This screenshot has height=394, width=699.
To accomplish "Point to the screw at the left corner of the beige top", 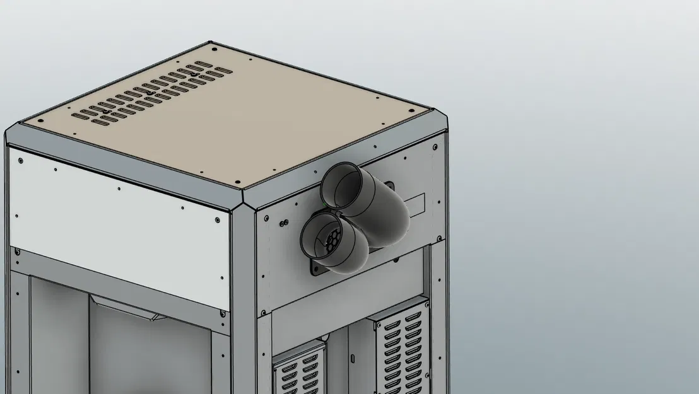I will coord(40,122).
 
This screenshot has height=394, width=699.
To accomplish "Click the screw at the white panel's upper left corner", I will coord(20,161).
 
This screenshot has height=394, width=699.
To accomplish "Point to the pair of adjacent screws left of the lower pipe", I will coord(283,221).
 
